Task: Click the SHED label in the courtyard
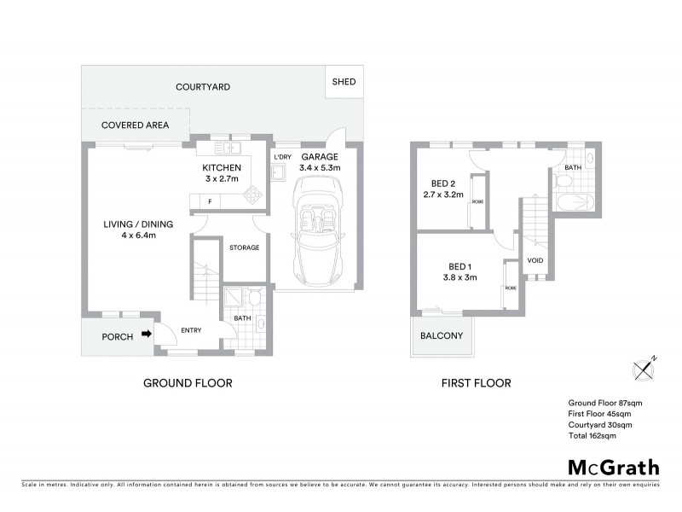click(x=344, y=83)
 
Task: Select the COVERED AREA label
click(x=135, y=125)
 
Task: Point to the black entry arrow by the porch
click(x=147, y=335)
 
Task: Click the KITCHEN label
click(x=222, y=167)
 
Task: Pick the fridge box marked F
click(x=211, y=201)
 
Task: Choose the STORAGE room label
click(x=244, y=248)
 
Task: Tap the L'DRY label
click(x=282, y=158)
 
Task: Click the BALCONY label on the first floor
click(x=442, y=335)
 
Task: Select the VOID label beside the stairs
click(x=535, y=260)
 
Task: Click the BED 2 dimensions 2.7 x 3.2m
click(x=442, y=195)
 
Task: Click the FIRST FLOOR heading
click(x=476, y=383)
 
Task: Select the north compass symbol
click(x=644, y=369)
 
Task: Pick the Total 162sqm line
click(x=592, y=436)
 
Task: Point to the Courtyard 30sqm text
click(x=601, y=425)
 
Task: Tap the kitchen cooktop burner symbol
click(x=253, y=194)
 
